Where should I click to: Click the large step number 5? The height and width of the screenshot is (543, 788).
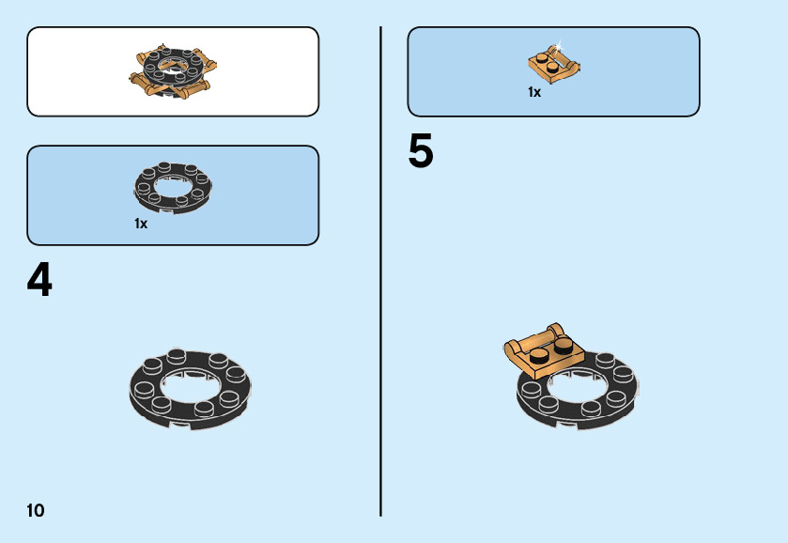(421, 153)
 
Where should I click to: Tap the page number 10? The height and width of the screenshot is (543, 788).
(36, 511)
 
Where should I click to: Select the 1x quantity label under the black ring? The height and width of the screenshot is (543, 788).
(141, 224)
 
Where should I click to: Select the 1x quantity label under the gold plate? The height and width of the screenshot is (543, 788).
(534, 92)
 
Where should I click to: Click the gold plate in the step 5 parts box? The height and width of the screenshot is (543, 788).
(553, 64)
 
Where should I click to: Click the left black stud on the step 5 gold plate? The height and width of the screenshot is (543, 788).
(539, 355)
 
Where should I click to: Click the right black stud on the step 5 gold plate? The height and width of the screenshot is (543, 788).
(563, 345)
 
